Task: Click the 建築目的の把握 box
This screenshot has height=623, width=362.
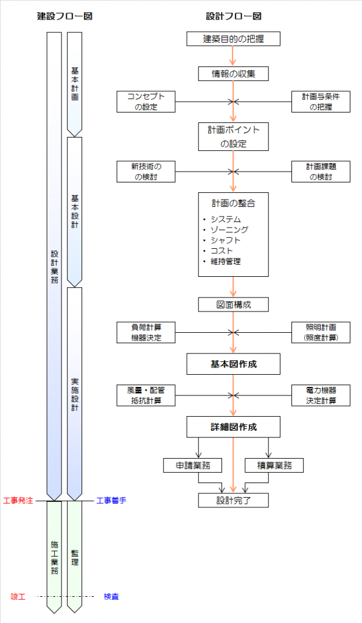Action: click(x=233, y=39)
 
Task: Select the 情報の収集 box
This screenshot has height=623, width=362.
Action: click(x=233, y=74)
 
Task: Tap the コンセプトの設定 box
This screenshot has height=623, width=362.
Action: click(x=146, y=102)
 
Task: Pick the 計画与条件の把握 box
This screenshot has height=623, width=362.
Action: click(x=321, y=102)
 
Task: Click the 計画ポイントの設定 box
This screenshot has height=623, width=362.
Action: click(x=233, y=137)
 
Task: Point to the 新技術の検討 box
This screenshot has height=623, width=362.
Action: click(x=146, y=172)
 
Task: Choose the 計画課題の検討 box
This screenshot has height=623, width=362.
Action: click(x=321, y=172)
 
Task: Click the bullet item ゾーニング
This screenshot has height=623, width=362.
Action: click(x=229, y=229)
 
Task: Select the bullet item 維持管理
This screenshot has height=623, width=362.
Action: click(x=225, y=262)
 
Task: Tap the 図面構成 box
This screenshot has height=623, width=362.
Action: click(x=233, y=305)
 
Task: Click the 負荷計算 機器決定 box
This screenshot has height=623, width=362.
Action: click(x=146, y=333)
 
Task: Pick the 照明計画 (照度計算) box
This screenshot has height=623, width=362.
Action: click(x=321, y=333)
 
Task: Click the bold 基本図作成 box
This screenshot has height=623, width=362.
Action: click(x=233, y=364)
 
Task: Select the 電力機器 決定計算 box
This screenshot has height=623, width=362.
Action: click(x=321, y=395)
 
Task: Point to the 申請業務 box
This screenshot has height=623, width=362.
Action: click(x=192, y=465)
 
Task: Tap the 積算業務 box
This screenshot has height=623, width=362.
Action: click(x=274, y=465)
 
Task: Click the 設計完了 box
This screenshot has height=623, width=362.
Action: click(x=233, y=500)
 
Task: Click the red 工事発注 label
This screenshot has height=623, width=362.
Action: click(x=18, y=500)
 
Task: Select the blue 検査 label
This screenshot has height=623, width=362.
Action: click(x=111, y=596)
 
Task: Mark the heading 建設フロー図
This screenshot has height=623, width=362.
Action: click(x=64, y=16)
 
